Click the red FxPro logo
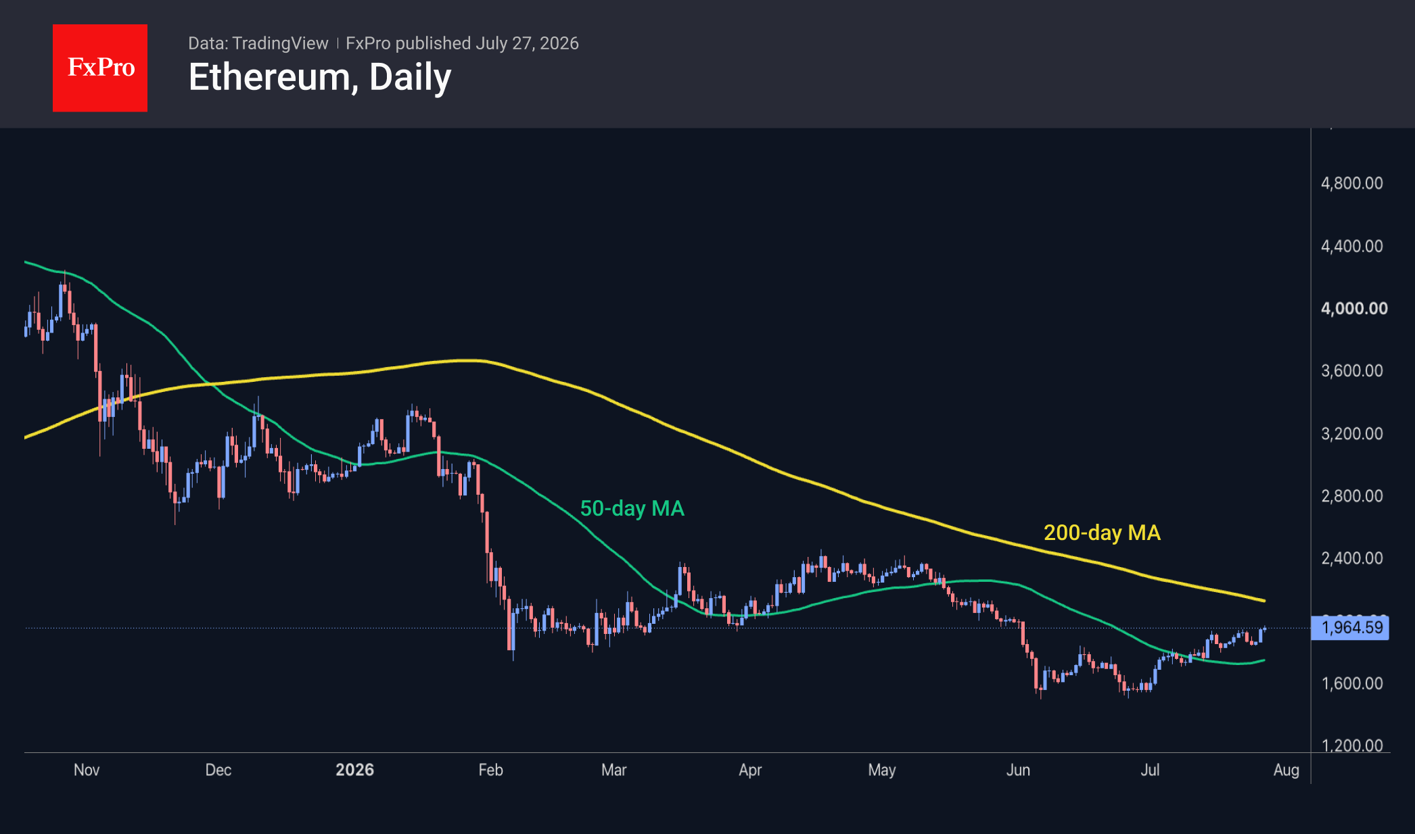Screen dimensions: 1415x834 [x=100, y=68]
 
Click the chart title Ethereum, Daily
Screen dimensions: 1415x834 [x=320, y=77]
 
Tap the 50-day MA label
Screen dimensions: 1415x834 [x=632, y=508]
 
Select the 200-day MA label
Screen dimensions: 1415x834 [x=1103, y=533]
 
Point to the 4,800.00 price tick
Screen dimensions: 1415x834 [x=1352, y=183]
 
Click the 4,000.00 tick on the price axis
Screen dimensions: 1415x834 [x=1354, y=308]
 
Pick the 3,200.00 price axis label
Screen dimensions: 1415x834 [x=1352, y=433]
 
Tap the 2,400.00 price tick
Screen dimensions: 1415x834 [x=1352, y=558]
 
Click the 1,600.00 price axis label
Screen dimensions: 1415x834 [x=1352, y=683]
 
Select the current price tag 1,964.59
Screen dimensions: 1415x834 [x=1350, y=628]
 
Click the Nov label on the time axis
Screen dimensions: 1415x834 [x=87, y=770]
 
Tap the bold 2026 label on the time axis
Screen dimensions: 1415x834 [x=355, y=770]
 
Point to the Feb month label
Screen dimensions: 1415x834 [x=491, y=770]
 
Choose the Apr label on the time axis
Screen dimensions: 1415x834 [x=750, y=770]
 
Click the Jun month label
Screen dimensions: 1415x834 [x=1018, y=770]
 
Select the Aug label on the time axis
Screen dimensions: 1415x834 [x=1286, y=770]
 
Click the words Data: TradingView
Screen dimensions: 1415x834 [x=258, y=43]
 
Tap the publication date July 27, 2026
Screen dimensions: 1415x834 [x=527, y=43]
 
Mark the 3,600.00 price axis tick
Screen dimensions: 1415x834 [x=1352, y=370]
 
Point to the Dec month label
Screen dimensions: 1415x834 [x=218, y=770]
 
